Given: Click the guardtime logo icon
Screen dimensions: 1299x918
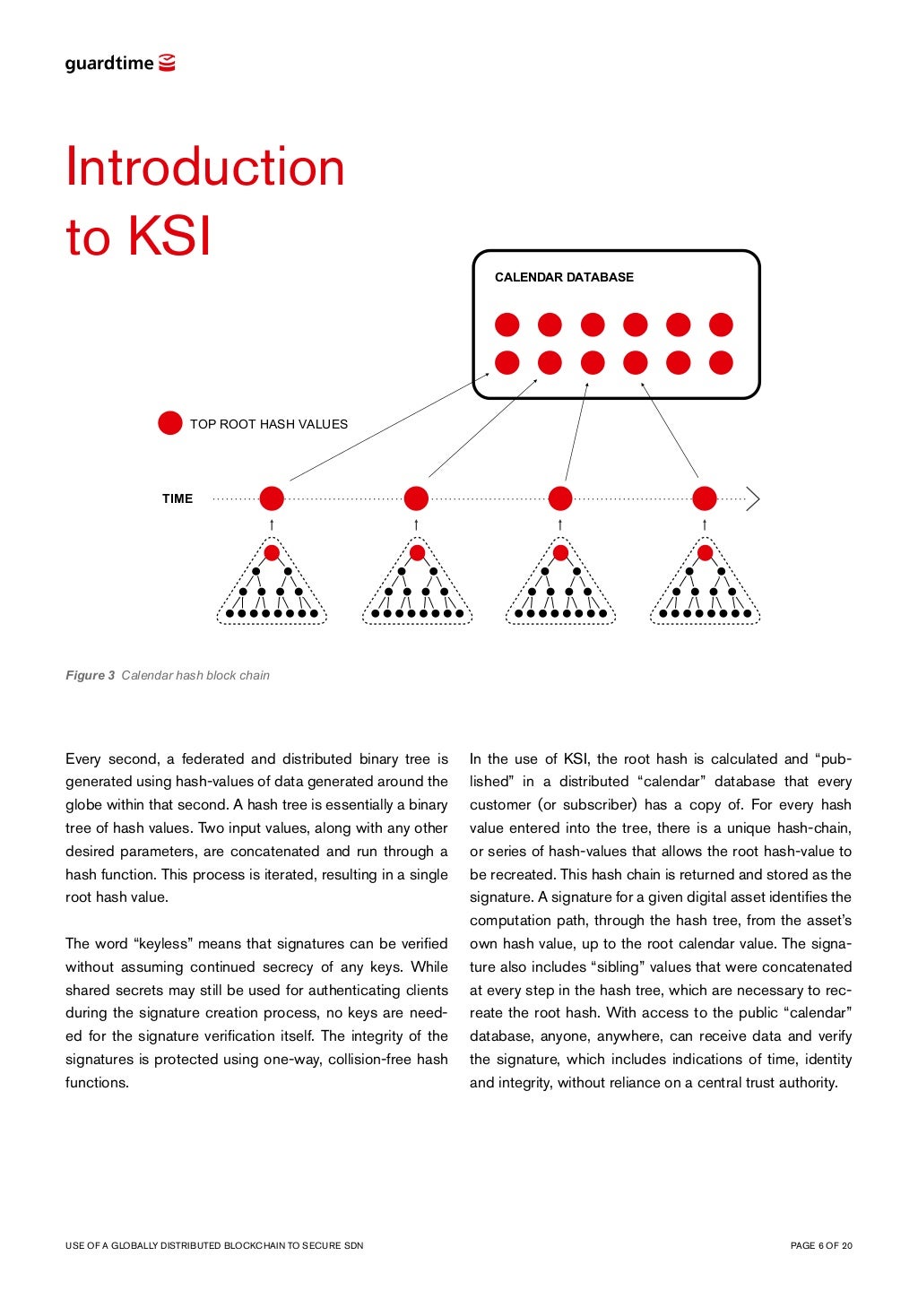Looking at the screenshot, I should pyautogui.click(x=167, y=63).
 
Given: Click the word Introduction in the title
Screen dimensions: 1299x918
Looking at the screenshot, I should pyautogui.click(x=205, y=168).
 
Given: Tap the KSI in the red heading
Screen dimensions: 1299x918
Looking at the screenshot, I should pyautogui.click(x=169, y=238).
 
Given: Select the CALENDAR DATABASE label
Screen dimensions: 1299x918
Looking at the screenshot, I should pyautogui.click(x=564, y=277).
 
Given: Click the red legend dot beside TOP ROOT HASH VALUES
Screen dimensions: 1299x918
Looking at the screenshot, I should pyautogui.click(x=169, y=423).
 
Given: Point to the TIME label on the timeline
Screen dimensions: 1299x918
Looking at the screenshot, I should pyautogui.click(x=178, y=498).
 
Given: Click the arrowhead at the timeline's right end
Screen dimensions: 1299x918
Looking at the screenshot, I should pyautogui.click(x=753, y=498).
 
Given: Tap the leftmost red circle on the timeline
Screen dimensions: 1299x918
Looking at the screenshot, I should pyautogui.click(x=272, y=498).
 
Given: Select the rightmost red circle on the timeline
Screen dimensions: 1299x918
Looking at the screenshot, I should pyautogui.click(x=705, y=498).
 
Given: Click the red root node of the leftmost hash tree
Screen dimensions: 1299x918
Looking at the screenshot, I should pyautogui.click(x=272, y=552).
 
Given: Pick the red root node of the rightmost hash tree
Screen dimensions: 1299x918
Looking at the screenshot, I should pyautogui.click(x=705, y=552).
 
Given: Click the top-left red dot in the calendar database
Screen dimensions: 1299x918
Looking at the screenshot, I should pyautogui.click(x=507, y=325).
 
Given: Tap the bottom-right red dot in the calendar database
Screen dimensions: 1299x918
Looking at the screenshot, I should pyautogui.click(x=721, y=362).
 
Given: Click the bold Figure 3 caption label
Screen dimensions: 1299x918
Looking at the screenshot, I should pyautogui.click(x=90, y=675).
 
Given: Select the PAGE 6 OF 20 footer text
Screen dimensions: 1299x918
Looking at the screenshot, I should pyautogui.click(x=821, y=1245).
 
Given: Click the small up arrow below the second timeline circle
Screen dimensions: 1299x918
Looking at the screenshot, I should pyautogui.click(x=416, y=524).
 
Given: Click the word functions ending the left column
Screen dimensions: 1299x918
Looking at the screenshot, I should pyautogui.click(x=97, y=1082).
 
